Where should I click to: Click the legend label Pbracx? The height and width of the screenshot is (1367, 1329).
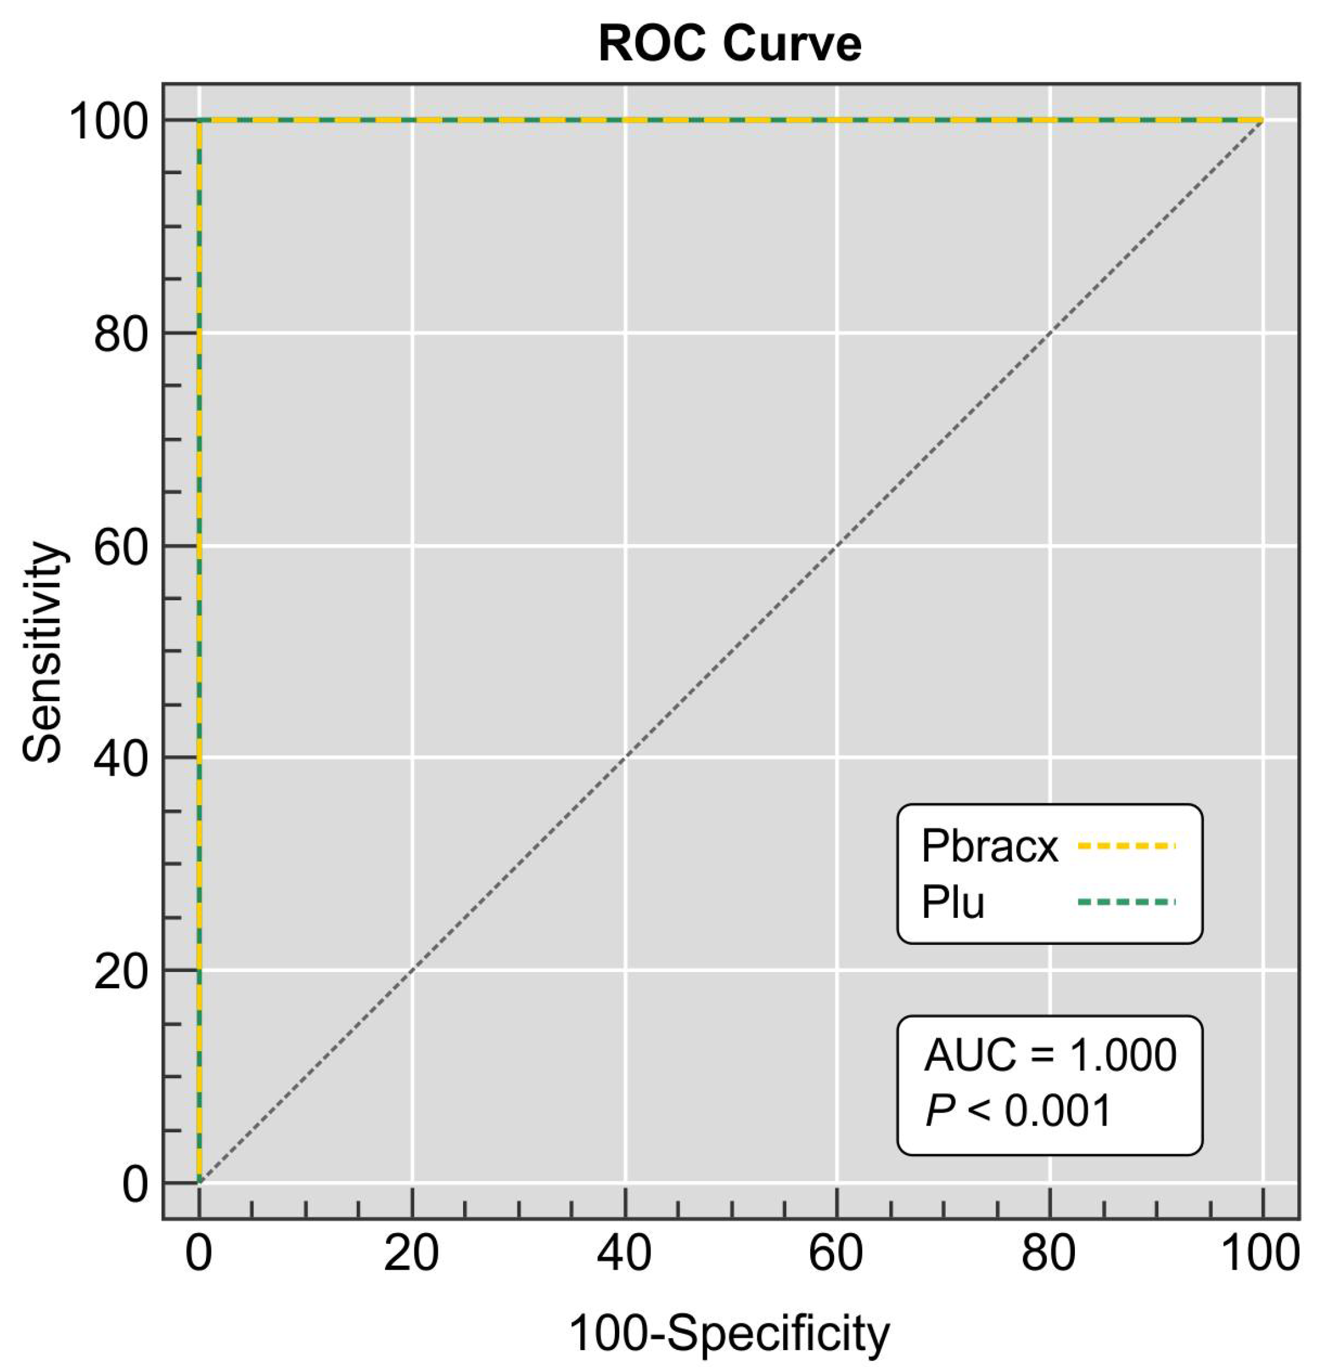click(x=990, y=846)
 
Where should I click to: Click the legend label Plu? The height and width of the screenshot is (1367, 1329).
click(x=953, y=902)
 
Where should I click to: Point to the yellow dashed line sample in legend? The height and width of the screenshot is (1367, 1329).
click(x=1127, y=846)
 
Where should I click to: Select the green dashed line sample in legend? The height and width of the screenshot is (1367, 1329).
click(x=1127, y=902)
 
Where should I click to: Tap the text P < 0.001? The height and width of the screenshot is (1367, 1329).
click(x=1018, y=1111)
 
